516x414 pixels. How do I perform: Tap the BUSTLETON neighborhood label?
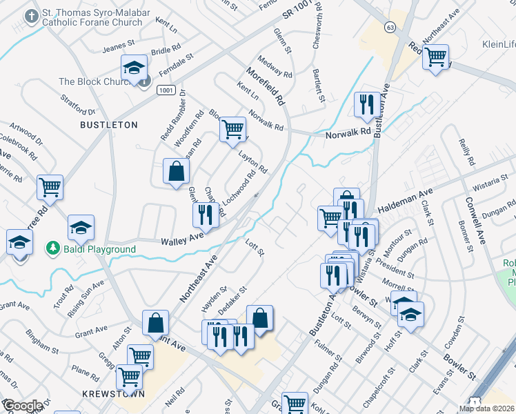pyautogui.click(x=109, y=125)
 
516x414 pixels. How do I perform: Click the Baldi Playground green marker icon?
pyautogui.click(x=52, y=247)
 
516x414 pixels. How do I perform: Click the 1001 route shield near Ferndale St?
pyautogui.click(x=165, y=90)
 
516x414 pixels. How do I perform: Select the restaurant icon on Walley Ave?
pyautogui.click(x=205, y=215)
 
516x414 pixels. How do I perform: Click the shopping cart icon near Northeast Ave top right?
pyautogui.click(x=435, y=57)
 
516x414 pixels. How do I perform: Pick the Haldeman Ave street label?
pyautogui.click(x=406, y=200)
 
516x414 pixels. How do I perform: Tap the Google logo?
pyautogui.click(x=22, y=406)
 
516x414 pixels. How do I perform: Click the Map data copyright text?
pyautogui.click(x=487, y=408)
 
